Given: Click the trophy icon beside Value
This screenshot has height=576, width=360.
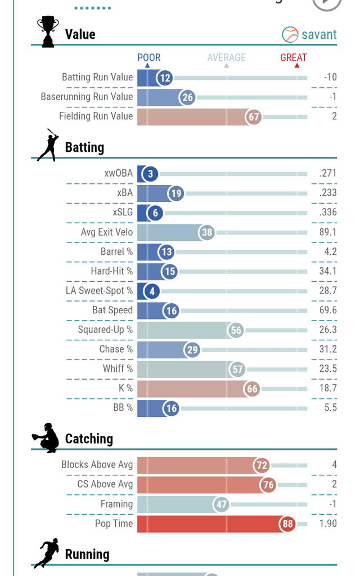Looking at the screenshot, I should coord(47,31).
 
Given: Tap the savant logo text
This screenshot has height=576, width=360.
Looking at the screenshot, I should coord(318,34).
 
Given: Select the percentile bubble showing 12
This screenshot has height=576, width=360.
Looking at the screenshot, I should coord(164,78).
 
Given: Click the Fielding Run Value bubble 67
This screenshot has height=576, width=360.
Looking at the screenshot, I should coord(254,116).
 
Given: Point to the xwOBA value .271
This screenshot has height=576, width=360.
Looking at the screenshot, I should coord(327,173).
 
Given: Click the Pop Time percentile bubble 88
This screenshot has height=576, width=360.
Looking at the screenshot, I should coord(287,524).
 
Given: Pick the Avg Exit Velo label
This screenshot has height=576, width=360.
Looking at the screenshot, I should coord(107,232).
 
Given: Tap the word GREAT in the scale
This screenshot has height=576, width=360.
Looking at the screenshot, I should coord(294,57).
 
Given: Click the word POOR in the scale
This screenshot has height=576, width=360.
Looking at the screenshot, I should coord(149,57).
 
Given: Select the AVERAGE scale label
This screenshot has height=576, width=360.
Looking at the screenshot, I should coord(226,57).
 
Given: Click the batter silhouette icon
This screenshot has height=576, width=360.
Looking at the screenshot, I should coord(48,145).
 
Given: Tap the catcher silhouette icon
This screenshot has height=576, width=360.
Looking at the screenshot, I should coord(46,438).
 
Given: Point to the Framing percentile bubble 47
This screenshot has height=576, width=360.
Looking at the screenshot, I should coord(221,504).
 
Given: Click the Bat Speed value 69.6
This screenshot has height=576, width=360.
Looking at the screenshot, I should coord(327,310).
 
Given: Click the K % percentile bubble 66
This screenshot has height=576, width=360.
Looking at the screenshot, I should coord(251,389).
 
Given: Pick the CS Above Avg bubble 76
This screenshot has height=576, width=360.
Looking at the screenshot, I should coord(267,484).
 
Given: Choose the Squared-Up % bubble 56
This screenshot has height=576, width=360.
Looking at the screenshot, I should coord(236,330).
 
